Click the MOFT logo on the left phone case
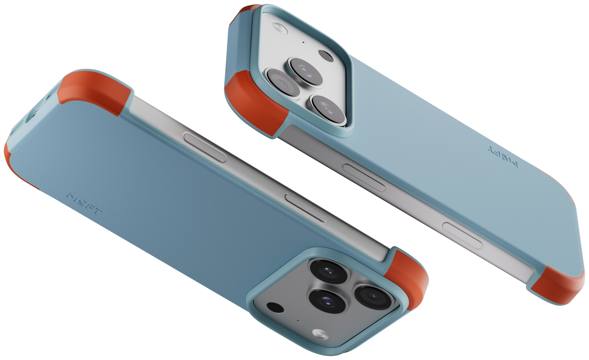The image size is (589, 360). point(84,204)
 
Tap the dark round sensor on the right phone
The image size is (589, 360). point(326,56)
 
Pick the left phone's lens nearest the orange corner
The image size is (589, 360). point(373,296)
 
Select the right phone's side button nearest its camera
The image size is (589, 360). point(364,177)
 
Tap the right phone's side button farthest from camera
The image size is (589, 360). point(462,235)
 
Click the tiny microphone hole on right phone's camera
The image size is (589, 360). point(303,42)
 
